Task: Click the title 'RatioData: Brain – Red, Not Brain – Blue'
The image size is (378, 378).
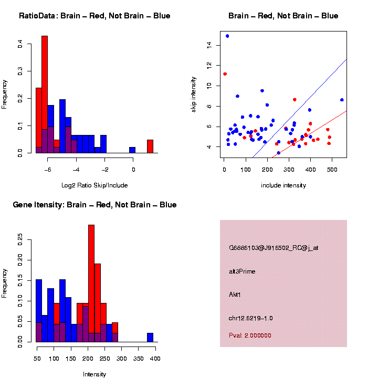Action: click(94, 16)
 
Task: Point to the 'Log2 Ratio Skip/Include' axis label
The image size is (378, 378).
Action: click(94, 185)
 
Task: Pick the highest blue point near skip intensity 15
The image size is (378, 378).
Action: click(227, 36)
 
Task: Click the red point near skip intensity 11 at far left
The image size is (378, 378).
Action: click(225, 74)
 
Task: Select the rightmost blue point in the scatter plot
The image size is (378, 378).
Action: click(342, 100)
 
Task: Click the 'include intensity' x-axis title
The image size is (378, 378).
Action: click(283, 185)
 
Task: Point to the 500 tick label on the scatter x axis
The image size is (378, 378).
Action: click(332, 170)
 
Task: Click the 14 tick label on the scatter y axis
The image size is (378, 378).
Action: click(209, 46)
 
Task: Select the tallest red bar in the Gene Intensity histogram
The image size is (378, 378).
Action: click(91, 283)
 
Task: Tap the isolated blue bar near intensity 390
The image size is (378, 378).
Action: click(150, 338)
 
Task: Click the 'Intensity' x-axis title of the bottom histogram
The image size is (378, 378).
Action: click(94, 374)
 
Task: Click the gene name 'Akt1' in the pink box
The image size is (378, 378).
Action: click(235, 295)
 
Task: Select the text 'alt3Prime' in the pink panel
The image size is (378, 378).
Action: click(242, 271)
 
